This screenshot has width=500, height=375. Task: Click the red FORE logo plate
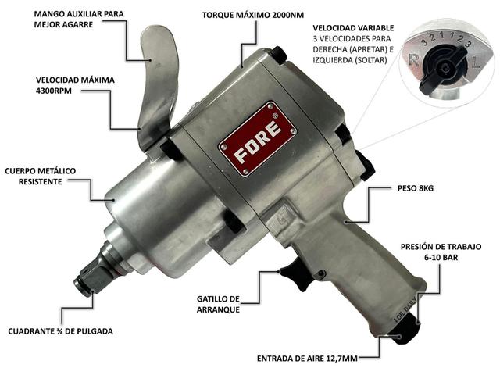click(x=258, y=139)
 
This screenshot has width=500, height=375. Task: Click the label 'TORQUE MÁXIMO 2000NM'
click(x=253, y=16)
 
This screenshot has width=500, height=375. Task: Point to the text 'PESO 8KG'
click(x=416, y=188)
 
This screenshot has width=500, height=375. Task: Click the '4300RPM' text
click(x=54, y=91)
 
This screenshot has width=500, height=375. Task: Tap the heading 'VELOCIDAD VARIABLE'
click(x=353, y=28)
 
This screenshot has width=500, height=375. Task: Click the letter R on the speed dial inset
click(x=413, y=60)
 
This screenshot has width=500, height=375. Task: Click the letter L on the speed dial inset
click(x=476, y=63)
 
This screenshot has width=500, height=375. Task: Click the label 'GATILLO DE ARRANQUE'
click(x=218, y=304)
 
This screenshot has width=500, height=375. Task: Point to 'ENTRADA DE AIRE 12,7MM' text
click(x=307, y=359)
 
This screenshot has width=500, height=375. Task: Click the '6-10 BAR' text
click(x=441, y=257)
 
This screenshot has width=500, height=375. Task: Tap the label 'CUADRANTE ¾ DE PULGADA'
click(x=61, y=331)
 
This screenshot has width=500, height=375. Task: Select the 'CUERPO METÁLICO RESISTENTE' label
click(x=40, y=177)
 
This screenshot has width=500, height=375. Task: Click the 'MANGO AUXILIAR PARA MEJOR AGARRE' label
click(x=79, y=19)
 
